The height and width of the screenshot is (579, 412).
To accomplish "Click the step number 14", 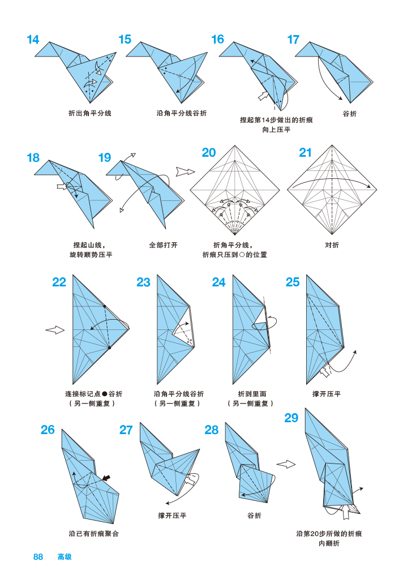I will [33, 40].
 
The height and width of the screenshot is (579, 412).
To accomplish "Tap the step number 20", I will [209, 153].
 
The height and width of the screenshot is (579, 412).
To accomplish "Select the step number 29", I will [291, 418].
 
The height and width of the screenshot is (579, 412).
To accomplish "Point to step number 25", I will [293, 282].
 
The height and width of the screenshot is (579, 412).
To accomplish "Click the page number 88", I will [38, 557].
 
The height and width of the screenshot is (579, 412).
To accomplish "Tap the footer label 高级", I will [65, 557].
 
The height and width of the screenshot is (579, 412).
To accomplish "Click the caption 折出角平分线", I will [90, 113].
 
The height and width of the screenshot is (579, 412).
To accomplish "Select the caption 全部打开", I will [163, 245].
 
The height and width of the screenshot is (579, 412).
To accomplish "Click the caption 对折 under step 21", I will [332, 245].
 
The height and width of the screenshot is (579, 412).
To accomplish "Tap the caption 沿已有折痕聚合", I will [94, 533].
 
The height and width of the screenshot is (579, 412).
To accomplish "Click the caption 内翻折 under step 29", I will [329, 543].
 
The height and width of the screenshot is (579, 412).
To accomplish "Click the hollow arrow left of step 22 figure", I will [55, 330].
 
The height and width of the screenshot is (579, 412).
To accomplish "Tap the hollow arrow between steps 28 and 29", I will [286, 464].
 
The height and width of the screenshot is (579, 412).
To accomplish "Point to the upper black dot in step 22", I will [105, 306].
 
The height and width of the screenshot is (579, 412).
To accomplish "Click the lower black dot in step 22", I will [109, 348].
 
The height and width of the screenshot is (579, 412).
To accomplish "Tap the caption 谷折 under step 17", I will [350, 113].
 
